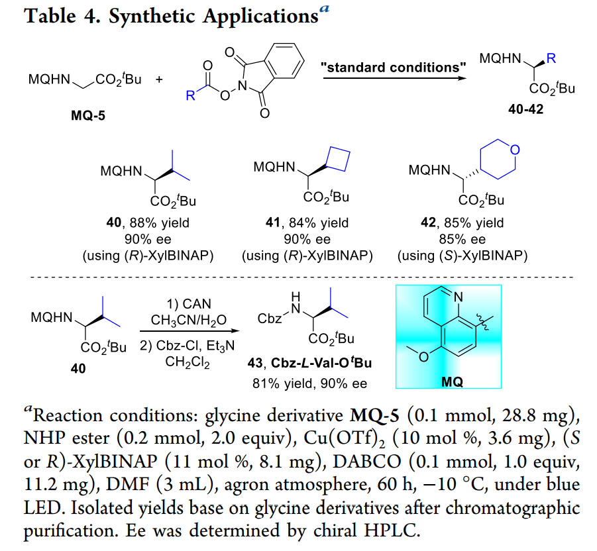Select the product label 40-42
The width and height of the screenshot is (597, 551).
tap(526, 110)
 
